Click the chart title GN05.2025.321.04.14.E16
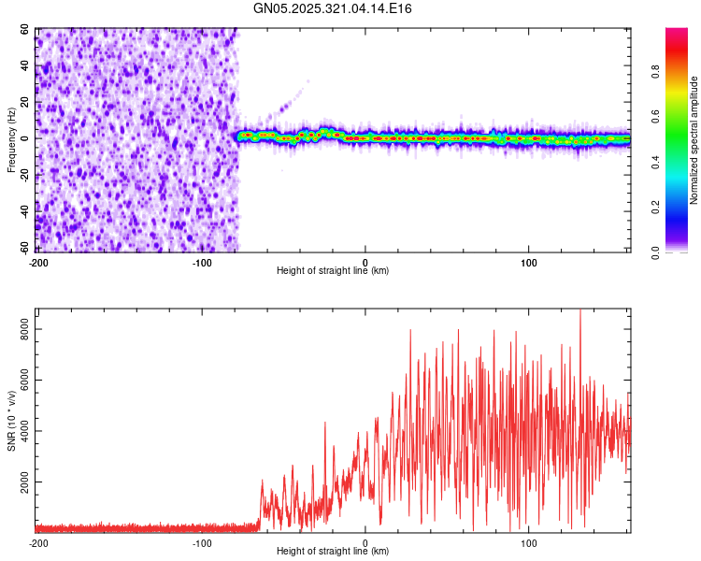tap(333, 8)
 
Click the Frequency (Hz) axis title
tap(12, 139)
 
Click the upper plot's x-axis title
tap(333, 271)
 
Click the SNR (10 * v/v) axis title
tap(12, 420)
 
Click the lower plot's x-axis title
tap(333, 552)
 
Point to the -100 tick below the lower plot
tap(203, 542)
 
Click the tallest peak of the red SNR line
tap(580, 311)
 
